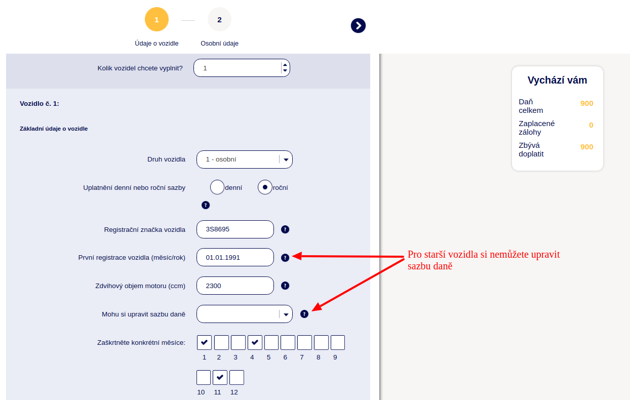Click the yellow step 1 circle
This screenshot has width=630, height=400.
[x=156, y=19]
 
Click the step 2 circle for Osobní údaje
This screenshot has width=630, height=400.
[x=219, y=19]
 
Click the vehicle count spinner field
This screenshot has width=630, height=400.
[x=242, y=68]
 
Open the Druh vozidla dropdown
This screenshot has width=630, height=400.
[x=245, y=159]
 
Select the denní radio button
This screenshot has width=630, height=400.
[x=217, y=187]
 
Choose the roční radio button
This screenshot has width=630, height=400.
[x=265, y=187]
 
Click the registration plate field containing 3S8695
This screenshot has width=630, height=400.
[x=235, y=229]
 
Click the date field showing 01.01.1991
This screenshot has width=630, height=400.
[x=235, y=257]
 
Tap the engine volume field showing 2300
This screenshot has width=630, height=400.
[x=235, y=286]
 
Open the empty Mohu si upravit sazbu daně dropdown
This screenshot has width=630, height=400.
[x=245, y=314]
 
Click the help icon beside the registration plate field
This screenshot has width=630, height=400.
[x=285, y=229]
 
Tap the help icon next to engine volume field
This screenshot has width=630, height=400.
[x=285, y=286]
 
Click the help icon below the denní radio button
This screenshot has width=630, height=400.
[x=206, y=205]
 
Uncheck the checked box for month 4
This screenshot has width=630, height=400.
[x=255, y=342]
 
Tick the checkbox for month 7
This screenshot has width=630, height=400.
[x=304, y=342]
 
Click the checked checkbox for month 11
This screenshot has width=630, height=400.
[x=220, y=377]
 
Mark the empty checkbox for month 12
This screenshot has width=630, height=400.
[x=237, y=377]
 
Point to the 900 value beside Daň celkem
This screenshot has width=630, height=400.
[x=586, y=103]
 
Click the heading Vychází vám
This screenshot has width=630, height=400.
[x=557, y=80]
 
